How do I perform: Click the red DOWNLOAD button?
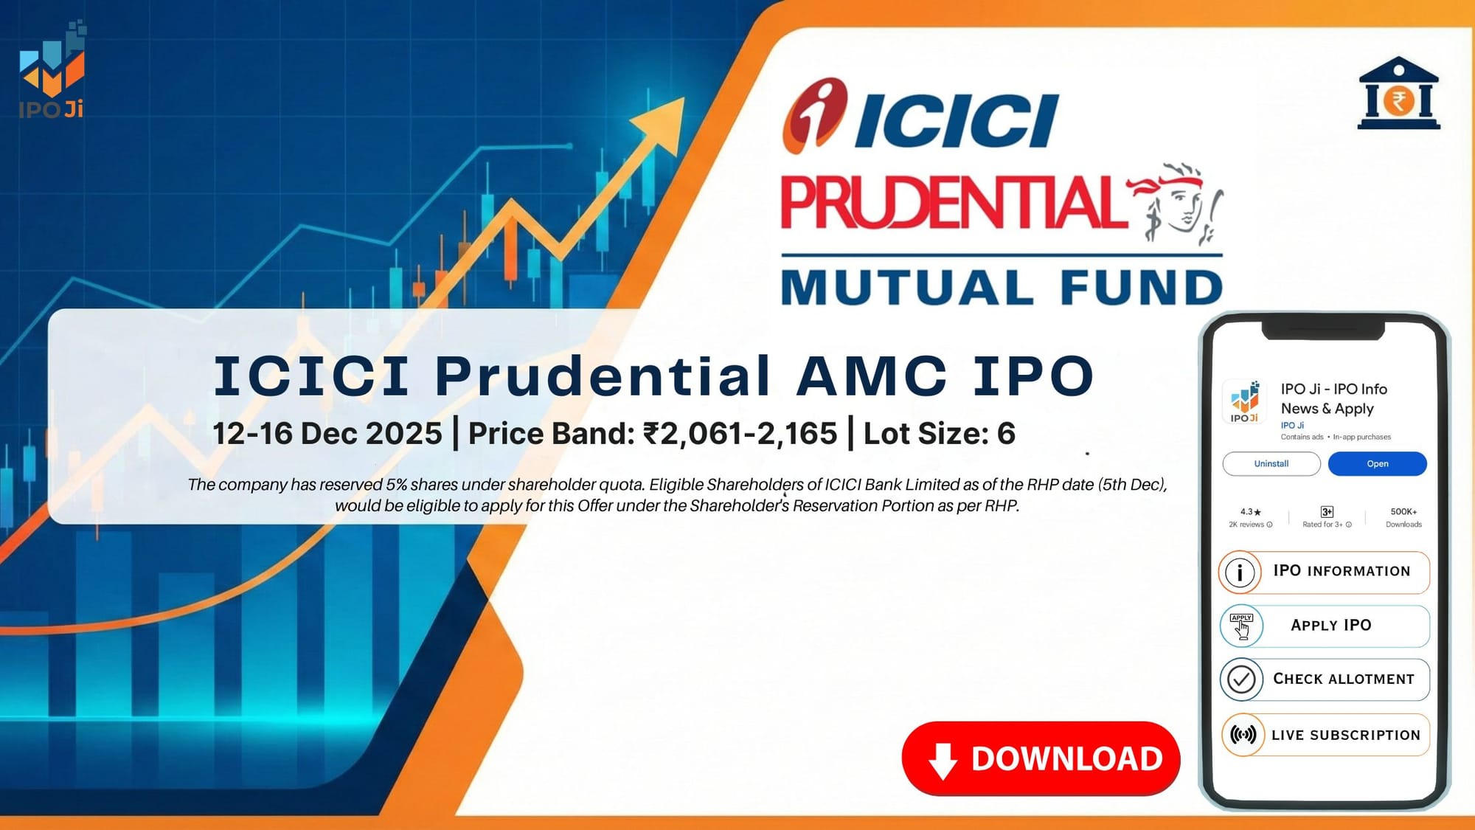(1041, 758)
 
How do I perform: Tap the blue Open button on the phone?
(1377, 464)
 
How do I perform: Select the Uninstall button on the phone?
(1271, 464)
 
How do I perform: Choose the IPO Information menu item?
(1325, 572)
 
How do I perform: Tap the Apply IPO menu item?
(1325, 626)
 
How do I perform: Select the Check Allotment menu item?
(1325, 679)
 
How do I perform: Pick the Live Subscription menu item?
(1325, 735)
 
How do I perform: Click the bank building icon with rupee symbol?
(1398, 94)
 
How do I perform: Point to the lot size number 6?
(1006, 434)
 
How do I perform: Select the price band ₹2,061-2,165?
(740, 434)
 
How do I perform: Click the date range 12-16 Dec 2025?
(327, 434)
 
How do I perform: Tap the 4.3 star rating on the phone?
(1250, 512)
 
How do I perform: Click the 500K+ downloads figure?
(1403, 512)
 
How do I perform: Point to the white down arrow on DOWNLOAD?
(943, 761)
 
